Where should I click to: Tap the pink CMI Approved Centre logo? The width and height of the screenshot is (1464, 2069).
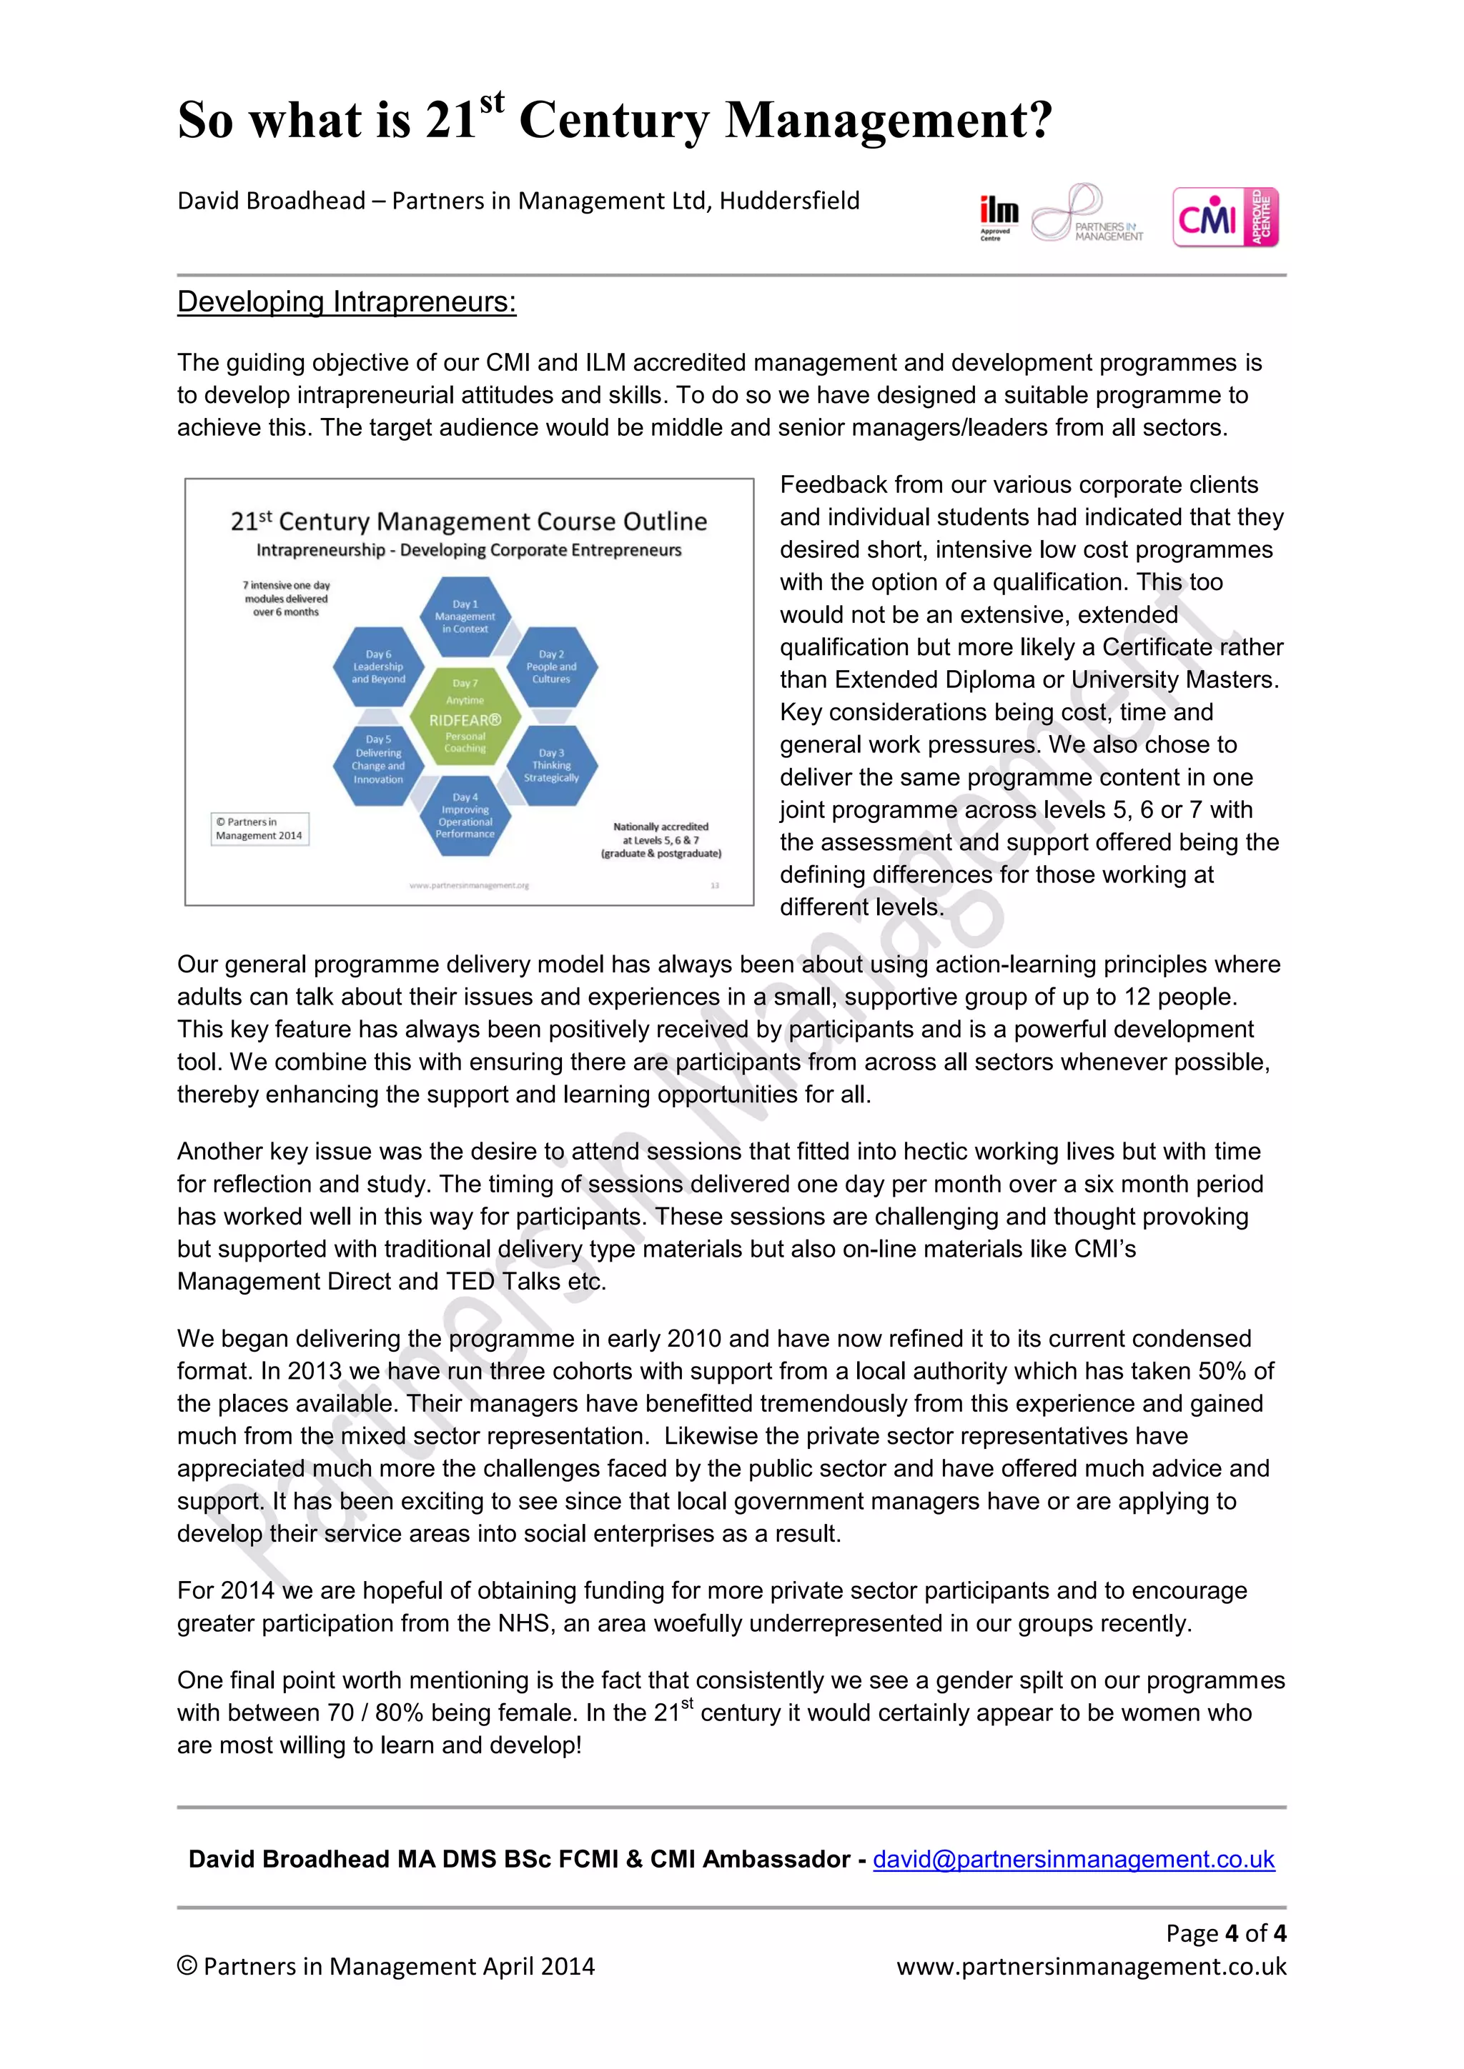click(1225, 217)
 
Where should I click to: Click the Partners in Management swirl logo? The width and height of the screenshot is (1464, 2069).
click(1087, 214)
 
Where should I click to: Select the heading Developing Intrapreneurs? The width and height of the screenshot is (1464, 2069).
click(346, 302)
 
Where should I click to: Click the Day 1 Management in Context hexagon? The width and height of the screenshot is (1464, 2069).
click(465, 617)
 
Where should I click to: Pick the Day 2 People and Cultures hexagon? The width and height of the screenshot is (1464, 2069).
click(551, 667)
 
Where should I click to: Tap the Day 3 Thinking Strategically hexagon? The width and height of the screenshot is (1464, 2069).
click(551, 765)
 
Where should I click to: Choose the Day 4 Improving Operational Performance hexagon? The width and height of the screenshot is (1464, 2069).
click(465, 815)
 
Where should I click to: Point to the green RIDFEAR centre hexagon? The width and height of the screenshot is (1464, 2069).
click(465, 717)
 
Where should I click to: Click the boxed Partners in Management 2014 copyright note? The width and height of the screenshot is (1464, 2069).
click(259, 829)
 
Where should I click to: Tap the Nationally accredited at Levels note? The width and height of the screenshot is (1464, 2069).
click(661, 840)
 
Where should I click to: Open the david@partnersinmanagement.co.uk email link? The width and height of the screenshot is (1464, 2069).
click(1074, 1859)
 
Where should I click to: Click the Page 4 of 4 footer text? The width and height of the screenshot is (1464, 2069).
click(1225, 1933)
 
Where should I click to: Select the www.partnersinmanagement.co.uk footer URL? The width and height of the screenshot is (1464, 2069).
click(1091, 1966)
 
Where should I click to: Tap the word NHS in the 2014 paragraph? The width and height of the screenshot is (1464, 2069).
click(520, 1624)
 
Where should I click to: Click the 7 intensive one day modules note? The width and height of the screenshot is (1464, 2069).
click(286, 599)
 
